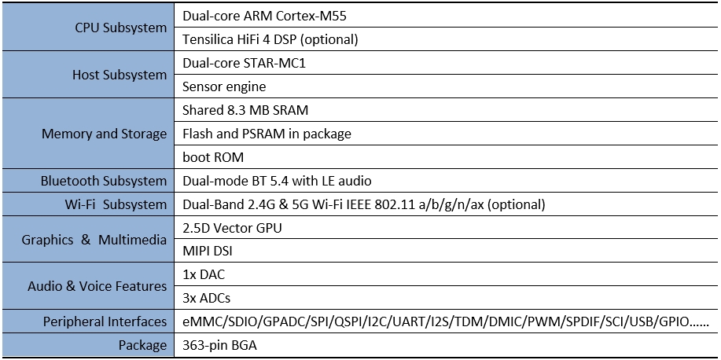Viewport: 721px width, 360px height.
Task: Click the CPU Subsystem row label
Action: point(120,28)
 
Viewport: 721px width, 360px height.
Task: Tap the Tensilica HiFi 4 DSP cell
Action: point(270,39)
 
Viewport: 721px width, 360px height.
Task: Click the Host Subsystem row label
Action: point(120,75)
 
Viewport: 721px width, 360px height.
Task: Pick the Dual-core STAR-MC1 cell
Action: point(244,63)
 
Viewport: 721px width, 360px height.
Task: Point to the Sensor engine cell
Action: point(223,86)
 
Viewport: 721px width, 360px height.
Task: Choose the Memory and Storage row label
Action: point(104,134)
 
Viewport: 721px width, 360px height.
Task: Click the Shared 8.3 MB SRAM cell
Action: point(245,110)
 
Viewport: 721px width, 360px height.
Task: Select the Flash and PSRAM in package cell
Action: point(267,134)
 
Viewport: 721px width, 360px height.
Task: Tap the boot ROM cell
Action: point(212,157)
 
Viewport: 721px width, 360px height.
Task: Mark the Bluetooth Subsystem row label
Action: point(104,181)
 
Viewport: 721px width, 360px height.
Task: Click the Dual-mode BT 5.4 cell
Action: point(277,181)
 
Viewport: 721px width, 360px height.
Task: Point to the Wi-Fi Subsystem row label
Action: point(116,204)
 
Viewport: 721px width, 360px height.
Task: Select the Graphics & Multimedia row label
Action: point(94,240)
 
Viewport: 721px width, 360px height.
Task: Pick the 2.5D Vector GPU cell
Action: point(232,228)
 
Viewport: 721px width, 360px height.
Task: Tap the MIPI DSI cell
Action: point(207,252)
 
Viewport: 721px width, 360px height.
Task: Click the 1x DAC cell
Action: point(204,275)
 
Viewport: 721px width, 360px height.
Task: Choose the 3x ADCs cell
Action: point(206,299)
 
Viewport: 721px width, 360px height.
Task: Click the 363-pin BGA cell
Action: point(219,345)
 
